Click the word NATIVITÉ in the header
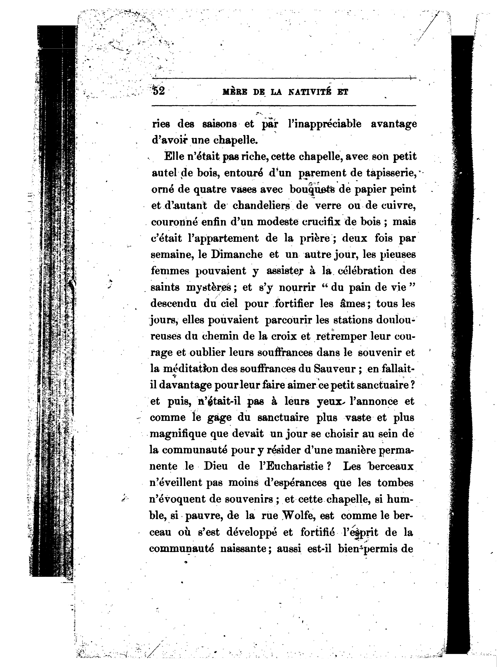[308, 92]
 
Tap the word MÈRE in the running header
[233, 92]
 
